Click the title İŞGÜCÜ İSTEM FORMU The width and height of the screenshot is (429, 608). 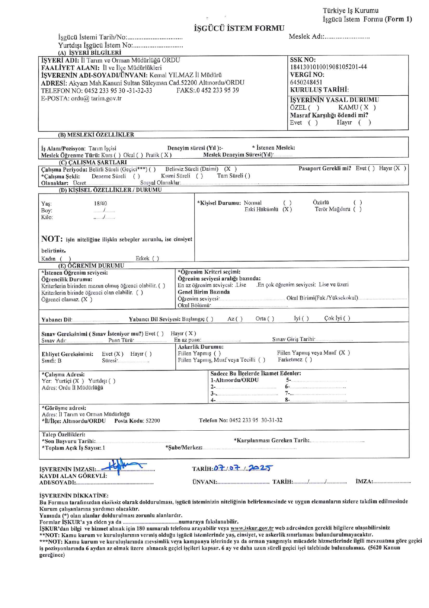pyautogui.click(x=239, y=28)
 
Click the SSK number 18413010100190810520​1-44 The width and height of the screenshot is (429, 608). pyautogui.click(x=328, y=67)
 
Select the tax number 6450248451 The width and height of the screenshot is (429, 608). pyautogui.click(x=306, y=82)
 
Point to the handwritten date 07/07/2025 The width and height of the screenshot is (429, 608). pyautogui.click(x=242, y=468)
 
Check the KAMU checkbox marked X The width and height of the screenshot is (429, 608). pyautogui.click(x=366, y=108)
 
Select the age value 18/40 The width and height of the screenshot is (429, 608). pyautogui.click(x=100, y=204)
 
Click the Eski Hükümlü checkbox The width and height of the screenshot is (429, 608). pyautogui.click(x=287, y=209)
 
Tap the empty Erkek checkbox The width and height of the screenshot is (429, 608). pyautogui.click(x=156, y=259)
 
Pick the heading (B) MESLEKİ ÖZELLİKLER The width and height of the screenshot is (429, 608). pyautogui.click(x=96, y=135)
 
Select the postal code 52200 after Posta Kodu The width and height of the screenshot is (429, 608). pyautogui.click(x=153, y=421)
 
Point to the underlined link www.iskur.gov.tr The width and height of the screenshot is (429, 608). pyautogui.click(x=252, y=528)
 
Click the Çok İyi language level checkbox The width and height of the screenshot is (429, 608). pyautogui.click(x=346, y=318)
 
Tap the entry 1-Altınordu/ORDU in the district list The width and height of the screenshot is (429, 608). pyautogui.click(x=235, y=380)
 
